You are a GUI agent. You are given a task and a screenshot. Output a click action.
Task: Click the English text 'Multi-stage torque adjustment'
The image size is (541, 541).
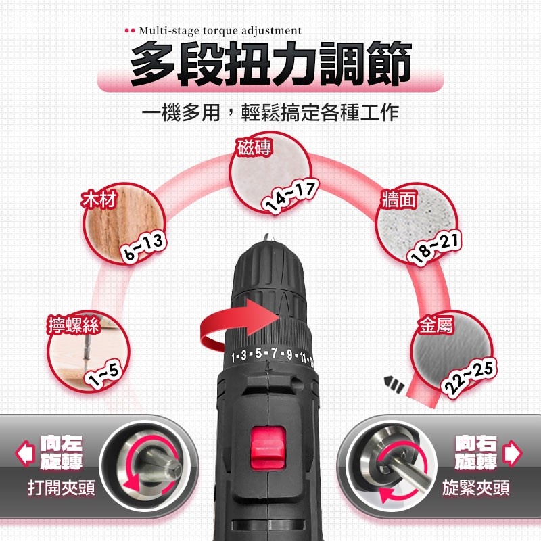pyautogui.click(x=220, y=30)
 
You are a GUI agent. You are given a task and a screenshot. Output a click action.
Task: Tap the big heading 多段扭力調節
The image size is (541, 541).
pyautogui.click(x=271, y=64)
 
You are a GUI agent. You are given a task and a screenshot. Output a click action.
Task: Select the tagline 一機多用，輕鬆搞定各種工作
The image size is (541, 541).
pyautogui.click(x=270, y=112)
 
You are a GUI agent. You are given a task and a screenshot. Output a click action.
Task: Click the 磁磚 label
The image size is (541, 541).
pyautogui.click(x=254, y=147)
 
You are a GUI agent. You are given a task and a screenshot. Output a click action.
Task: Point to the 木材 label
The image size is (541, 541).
pyautogui.click(x=99, y=199)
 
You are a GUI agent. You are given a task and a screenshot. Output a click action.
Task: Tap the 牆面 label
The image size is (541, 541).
pyautogui.click(x=399, y=199)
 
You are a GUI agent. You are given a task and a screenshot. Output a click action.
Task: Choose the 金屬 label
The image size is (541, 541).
pyautogui.click(x=436, y=325)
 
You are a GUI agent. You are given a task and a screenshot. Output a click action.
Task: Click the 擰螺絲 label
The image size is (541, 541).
pyautogui.click(x=74, y=325)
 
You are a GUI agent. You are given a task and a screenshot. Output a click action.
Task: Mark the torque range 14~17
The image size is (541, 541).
pyautogui.click(x=290, y=197)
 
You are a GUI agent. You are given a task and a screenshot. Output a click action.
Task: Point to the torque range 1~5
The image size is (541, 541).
pyautogui.click(x=104, y=375)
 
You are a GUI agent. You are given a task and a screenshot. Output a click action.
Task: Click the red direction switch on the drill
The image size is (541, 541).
pyautogui.click(x=268, y=448)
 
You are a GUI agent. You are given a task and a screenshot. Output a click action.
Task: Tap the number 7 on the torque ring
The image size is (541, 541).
pyautogui.click(x=275, y=353)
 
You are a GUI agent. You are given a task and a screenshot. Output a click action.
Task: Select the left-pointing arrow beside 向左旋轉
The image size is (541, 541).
pyautogui.click(x=26, y=453)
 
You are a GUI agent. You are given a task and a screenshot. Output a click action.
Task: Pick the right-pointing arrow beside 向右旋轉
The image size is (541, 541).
pyautogui.click(x=513, y=453)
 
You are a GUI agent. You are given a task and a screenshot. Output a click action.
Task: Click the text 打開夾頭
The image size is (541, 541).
pyautogui.click(x=61, y=488)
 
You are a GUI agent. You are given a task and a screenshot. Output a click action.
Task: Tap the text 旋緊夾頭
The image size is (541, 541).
pyautogui.click(x=476, y=488)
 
